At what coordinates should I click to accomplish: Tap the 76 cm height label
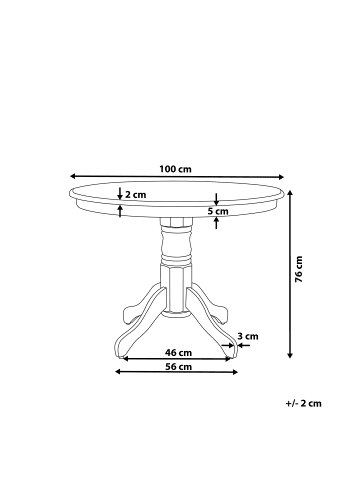[299, 269]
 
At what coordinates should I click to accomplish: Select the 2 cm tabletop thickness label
[135, 196]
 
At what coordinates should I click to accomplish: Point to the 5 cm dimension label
[217, 211]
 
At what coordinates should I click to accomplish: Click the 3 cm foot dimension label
[249, 336]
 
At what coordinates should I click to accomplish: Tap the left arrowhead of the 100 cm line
[72, 176]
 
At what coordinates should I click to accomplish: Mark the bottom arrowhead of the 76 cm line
[290, 355]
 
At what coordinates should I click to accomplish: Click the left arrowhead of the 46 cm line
[127, 359]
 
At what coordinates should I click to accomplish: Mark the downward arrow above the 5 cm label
[217, 198]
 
